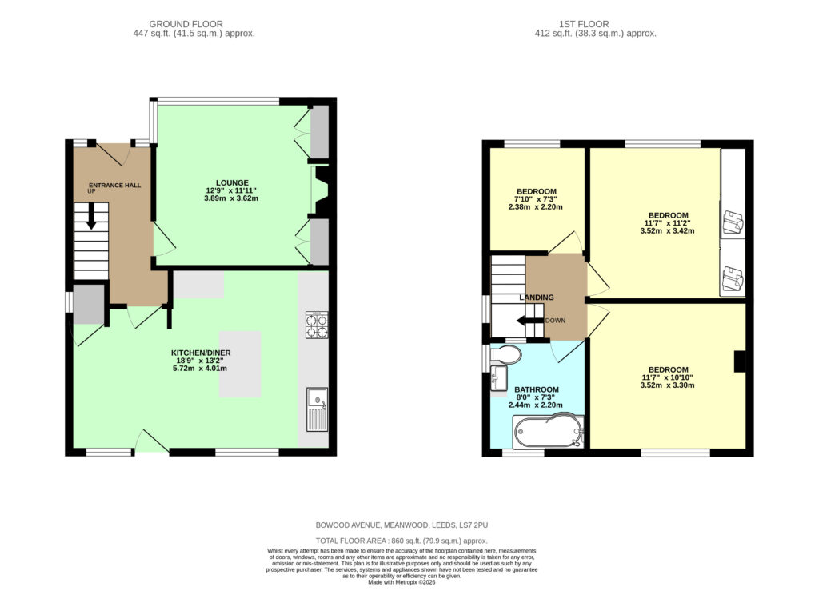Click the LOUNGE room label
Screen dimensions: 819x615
(232, 182)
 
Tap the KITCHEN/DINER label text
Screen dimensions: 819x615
(201, 353)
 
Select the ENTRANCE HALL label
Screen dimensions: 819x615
(115, 185)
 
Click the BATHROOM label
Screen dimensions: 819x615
(537, 389)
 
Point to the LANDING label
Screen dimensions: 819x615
(537, 297)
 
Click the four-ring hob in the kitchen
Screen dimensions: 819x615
(317, 325)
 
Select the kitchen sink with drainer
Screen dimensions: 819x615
(317, 409)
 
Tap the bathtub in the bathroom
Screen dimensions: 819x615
(549, 432)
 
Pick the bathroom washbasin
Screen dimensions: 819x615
(499, 377)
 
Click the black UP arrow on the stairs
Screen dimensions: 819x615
(91, 216)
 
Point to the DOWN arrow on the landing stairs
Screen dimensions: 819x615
(529, 321)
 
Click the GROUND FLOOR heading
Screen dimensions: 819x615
(186, 24)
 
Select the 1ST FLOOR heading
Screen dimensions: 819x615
(583, 24)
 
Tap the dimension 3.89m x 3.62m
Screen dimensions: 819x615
(231, 198)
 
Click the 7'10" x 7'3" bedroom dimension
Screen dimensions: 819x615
(536, 199)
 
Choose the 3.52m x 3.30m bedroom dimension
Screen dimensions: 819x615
(667, 385)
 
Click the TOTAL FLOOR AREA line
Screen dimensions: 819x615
(402, 541)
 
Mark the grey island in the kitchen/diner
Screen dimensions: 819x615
(240, 364)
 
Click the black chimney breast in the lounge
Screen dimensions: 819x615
(321, 190)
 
